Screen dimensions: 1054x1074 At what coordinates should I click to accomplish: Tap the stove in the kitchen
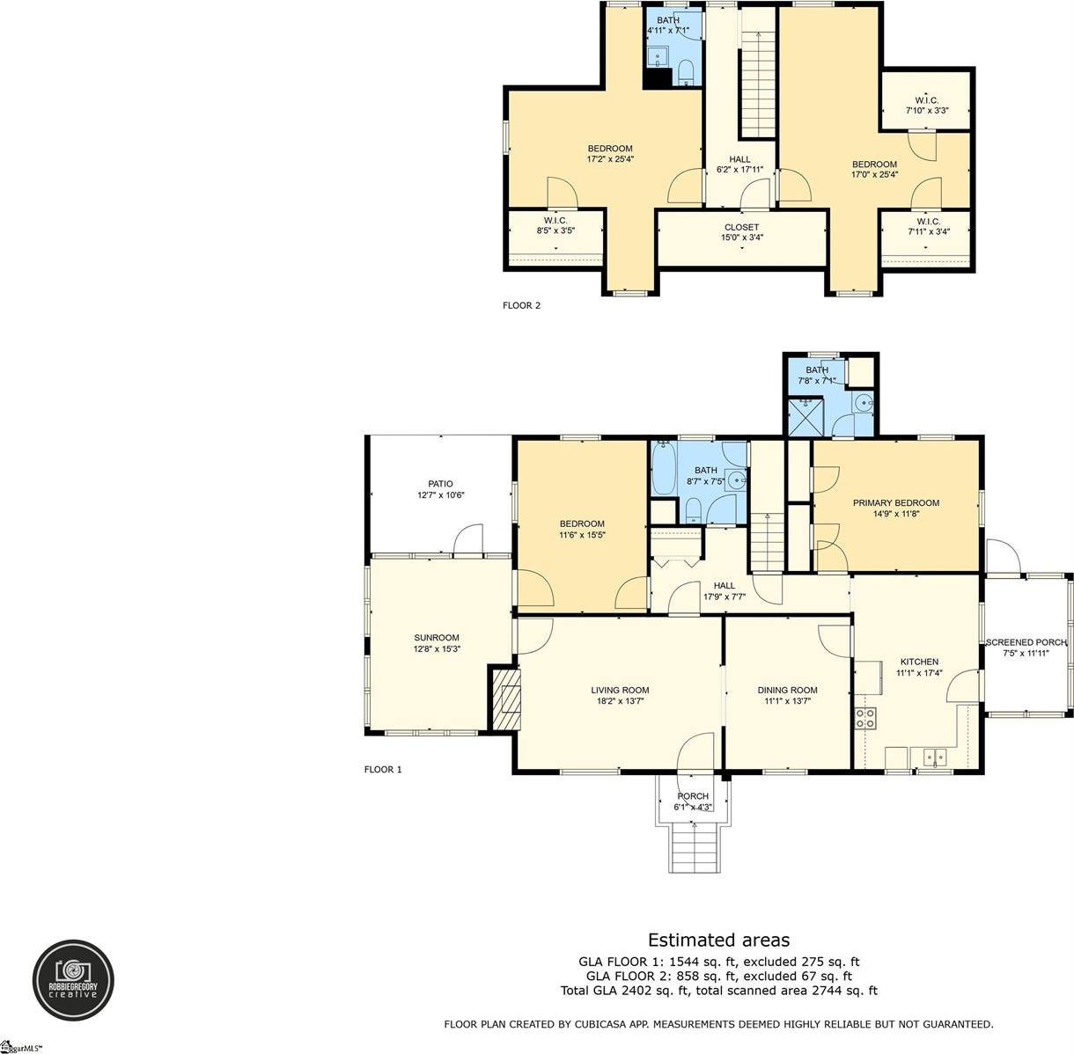[x=865, y=717]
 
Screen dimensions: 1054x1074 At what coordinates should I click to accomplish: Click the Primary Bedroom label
[x=895, y=503]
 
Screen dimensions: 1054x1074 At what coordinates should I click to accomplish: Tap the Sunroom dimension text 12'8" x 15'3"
[x=438, y=649]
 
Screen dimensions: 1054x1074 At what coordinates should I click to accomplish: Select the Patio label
[x=440, y=484]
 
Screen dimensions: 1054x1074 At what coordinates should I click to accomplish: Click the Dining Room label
[x=787, y=690]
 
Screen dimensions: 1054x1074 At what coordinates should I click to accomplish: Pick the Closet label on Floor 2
[x=741, y=227]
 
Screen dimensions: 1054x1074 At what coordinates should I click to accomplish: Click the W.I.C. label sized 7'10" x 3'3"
[x=926, y=99]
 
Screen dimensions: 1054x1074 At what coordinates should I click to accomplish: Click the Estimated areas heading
[x=718, y=941]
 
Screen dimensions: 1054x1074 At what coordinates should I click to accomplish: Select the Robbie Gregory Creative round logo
[x=74, y=980]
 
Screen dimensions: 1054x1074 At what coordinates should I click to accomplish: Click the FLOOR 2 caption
[x=521, y=306]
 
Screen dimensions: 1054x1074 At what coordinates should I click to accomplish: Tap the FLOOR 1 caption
[x=383, y=769]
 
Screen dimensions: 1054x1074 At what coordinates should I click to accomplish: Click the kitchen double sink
[x=933, y=755]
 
